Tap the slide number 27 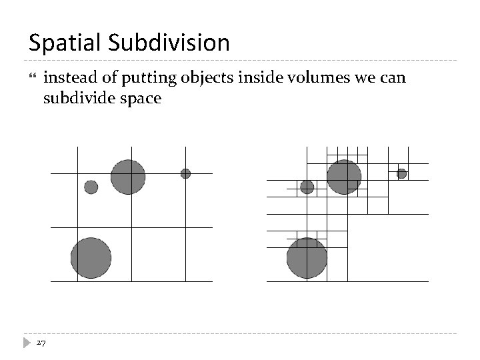coord(41,343)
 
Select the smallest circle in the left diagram coord(185,173)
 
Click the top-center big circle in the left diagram coord(128,177)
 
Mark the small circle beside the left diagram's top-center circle coord(91,187)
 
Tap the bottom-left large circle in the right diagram coord(307,258)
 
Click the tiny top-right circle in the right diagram coord(401,173)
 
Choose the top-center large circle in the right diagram coord(344,177)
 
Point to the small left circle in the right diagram coord(307,187)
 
